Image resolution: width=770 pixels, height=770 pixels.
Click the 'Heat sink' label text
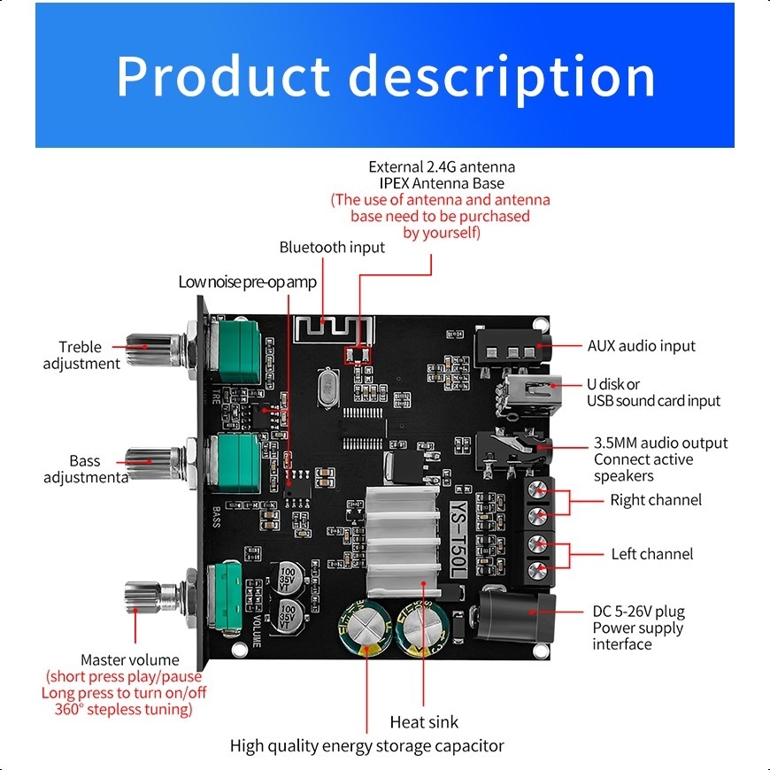pos(424,722)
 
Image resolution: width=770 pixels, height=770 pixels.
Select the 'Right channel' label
pos(656,500)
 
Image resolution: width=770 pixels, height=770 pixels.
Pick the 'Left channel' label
pos(652,554)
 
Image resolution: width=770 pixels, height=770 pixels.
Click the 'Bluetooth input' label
pos(332,248)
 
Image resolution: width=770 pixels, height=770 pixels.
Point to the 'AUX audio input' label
pos(642,346)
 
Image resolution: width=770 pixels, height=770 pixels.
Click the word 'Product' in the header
pos(222,76)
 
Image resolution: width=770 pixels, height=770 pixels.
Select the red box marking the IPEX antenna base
pos(358,356)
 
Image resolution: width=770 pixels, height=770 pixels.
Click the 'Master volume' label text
pos(129,659)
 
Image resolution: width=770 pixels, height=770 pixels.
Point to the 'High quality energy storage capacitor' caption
pos(367,746)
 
